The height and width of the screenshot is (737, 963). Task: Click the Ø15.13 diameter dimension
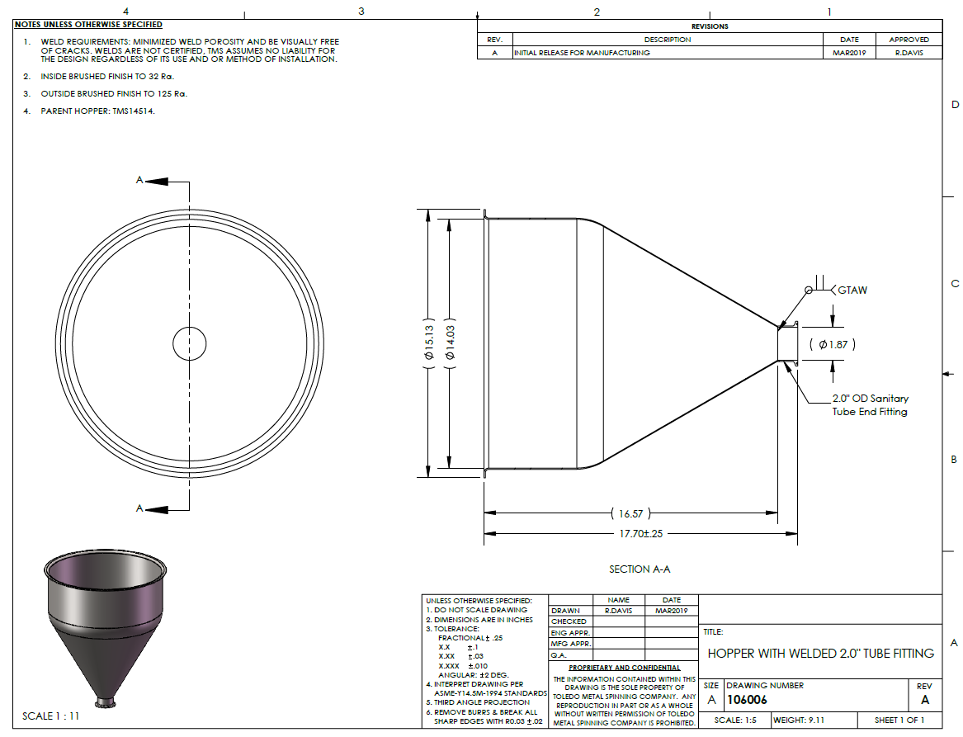coord(428,343)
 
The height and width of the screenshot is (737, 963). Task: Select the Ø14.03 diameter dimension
coord(451,343)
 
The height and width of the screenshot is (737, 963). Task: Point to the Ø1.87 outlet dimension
coord(832,344)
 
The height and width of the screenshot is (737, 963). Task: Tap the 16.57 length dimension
coord(630,513)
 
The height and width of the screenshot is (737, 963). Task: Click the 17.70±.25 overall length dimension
coord(640,534)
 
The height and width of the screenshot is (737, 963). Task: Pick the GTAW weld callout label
coord(852,290)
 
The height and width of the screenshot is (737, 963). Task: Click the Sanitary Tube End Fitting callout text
coord(871,404)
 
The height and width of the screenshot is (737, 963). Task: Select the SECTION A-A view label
coord(640,569)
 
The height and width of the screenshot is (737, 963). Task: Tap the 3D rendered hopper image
coord(105,626)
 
